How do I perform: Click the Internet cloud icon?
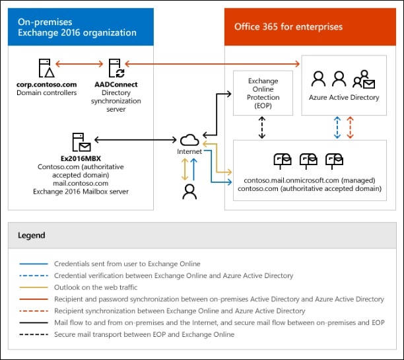189,139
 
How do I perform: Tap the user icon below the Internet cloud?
189,192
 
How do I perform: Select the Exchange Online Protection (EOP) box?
262,93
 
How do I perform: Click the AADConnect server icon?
116,67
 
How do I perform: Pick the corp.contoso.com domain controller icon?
46,67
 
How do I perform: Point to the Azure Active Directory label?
344,98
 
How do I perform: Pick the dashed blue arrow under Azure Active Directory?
337,126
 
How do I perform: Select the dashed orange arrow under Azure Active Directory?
351,126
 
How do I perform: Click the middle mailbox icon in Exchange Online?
309,160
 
